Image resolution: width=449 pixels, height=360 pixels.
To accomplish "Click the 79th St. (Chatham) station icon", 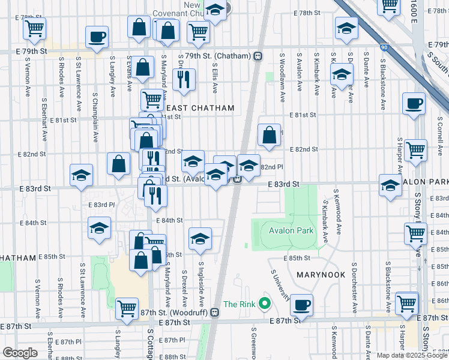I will (x=258, y=56).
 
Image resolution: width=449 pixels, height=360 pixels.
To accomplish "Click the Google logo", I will (x=20, y=353).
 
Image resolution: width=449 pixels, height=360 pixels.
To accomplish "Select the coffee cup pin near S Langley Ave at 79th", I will (x=97, y=37).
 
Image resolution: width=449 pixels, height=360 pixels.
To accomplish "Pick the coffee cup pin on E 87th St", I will (x=301, y=304).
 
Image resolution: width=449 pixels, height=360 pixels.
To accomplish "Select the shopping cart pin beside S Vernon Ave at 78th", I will (x=35, y=28).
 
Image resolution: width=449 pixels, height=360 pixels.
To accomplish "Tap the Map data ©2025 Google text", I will (x=411, y=355).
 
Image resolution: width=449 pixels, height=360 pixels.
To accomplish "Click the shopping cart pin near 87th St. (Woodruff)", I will (x=127, y=309).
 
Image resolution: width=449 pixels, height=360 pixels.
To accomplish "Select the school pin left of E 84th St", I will (x=99, y=228).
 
